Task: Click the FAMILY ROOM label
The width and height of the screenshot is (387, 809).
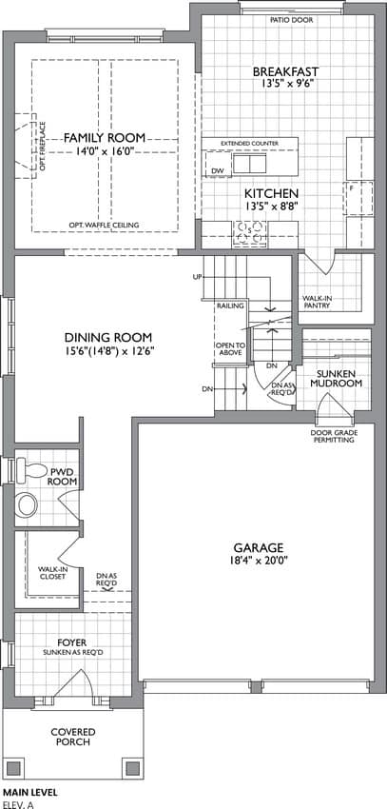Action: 105,138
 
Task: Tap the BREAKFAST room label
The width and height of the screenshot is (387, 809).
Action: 286,71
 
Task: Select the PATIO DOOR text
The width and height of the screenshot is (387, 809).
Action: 292,20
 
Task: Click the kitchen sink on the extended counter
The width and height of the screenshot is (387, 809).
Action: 249,164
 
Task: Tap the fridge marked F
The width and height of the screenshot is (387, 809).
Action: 359,198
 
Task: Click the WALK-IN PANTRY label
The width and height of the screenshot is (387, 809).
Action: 317,302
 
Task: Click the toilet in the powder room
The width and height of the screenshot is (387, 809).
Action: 32,469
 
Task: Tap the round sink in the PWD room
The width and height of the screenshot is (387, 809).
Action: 27,504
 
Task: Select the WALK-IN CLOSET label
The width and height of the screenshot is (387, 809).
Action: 52,573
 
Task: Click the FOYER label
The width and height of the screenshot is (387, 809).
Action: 72,642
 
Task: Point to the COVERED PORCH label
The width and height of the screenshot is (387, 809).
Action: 72,737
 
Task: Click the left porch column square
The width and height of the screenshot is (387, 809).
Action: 14,768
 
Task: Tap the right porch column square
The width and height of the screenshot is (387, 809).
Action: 132,768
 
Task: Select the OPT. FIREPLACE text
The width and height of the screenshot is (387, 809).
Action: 44,147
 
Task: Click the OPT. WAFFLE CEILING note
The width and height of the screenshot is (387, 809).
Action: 105,225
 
